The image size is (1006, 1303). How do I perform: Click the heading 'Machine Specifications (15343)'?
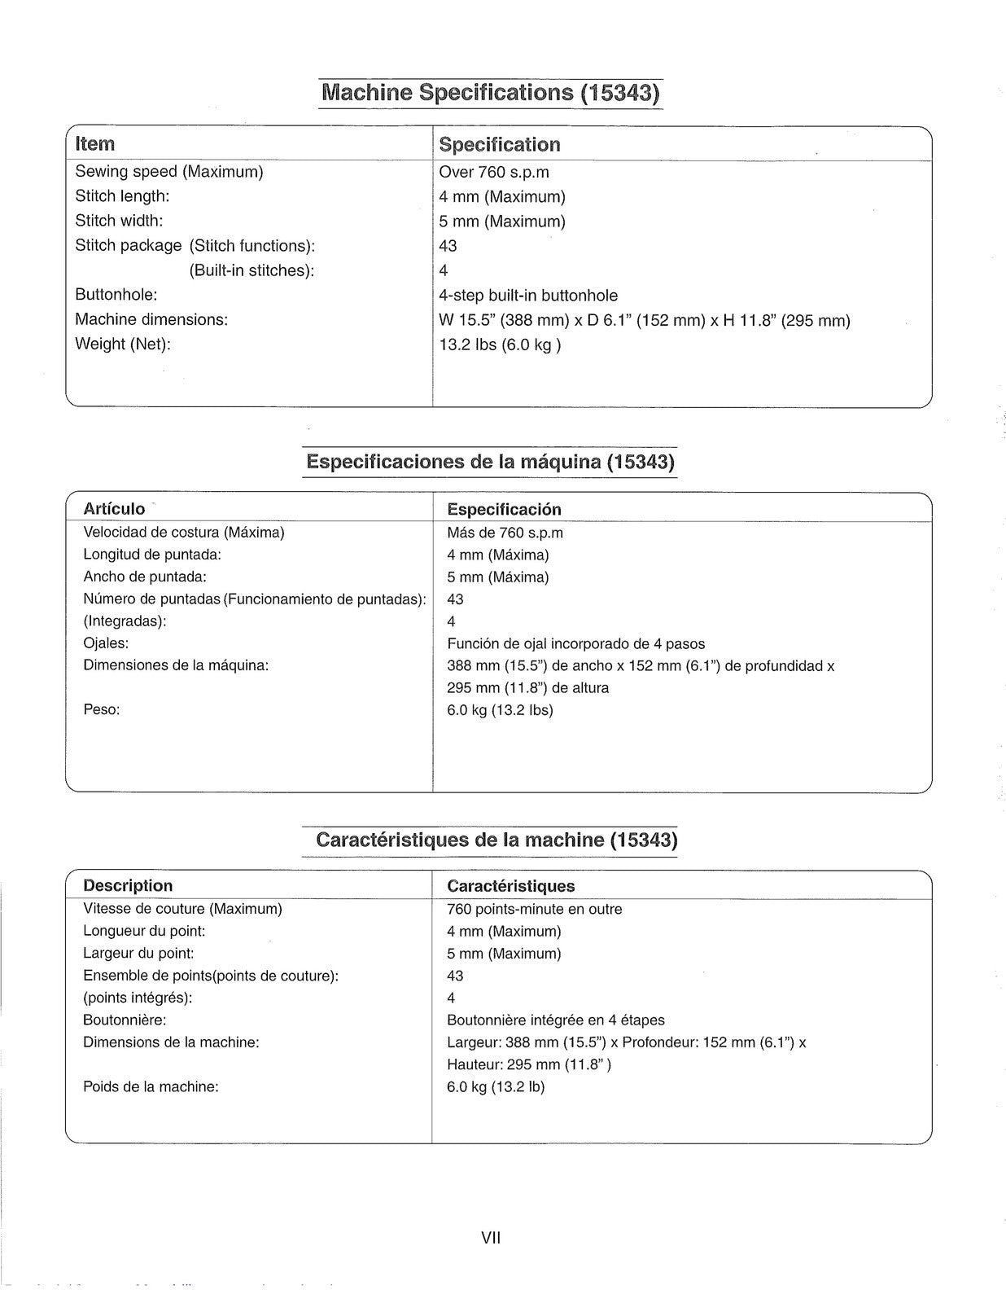[490, 92]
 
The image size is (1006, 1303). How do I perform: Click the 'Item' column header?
[95, 144]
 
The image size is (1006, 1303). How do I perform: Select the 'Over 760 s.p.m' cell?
[494, 172]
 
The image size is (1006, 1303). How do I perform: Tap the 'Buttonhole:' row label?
[116, 295]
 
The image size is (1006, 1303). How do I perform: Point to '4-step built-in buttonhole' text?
[528, 296]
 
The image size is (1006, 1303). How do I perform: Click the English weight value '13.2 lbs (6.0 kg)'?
[500, 344]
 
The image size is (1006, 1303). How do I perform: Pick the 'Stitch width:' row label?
[119, 221]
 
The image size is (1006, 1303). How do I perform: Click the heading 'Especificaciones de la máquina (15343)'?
[490, 462]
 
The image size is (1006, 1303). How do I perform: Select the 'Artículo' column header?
[114, 509]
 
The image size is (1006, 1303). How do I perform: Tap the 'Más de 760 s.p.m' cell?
[505, 533]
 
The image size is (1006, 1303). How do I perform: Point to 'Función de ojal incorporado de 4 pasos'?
[575, 644]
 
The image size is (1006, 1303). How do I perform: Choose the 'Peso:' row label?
[102, 709]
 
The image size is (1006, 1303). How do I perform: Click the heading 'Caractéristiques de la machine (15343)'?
[496, 840]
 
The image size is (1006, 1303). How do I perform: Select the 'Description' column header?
[128, 885]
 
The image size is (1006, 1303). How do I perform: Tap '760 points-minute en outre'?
[534, 909]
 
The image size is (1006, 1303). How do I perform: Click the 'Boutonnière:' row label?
[125, 1020]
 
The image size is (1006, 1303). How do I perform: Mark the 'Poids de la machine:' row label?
[151, 1086]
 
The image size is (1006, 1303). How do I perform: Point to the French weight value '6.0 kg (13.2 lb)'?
[496, 1086]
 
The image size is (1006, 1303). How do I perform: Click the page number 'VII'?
[491, 1238]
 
